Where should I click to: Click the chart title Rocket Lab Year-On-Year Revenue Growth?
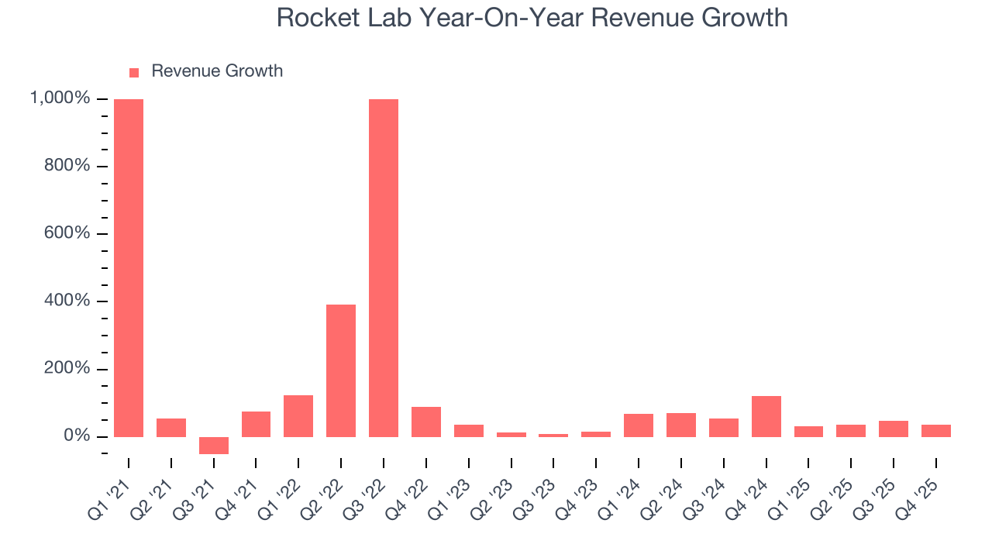click(532, 19)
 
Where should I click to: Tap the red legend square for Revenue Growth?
click(134, 72)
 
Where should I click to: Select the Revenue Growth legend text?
click(217, 71)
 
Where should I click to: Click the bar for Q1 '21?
click(129, 267)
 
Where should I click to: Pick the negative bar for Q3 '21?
click(214, 446)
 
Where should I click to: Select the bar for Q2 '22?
click(341, 370)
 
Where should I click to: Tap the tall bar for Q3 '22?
click(384, 267)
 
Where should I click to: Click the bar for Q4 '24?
click(766, 416)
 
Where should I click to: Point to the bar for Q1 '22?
click(298, 416)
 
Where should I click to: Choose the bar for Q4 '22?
click(426, 422)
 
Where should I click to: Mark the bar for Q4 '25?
click(935, 431)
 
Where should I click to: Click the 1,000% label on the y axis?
click(60, 98)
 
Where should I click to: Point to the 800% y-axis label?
click(67, 166)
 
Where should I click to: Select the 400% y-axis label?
click(67, 301)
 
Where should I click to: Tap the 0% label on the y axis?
click(76, 436)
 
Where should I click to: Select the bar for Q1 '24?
click(639, 425)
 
